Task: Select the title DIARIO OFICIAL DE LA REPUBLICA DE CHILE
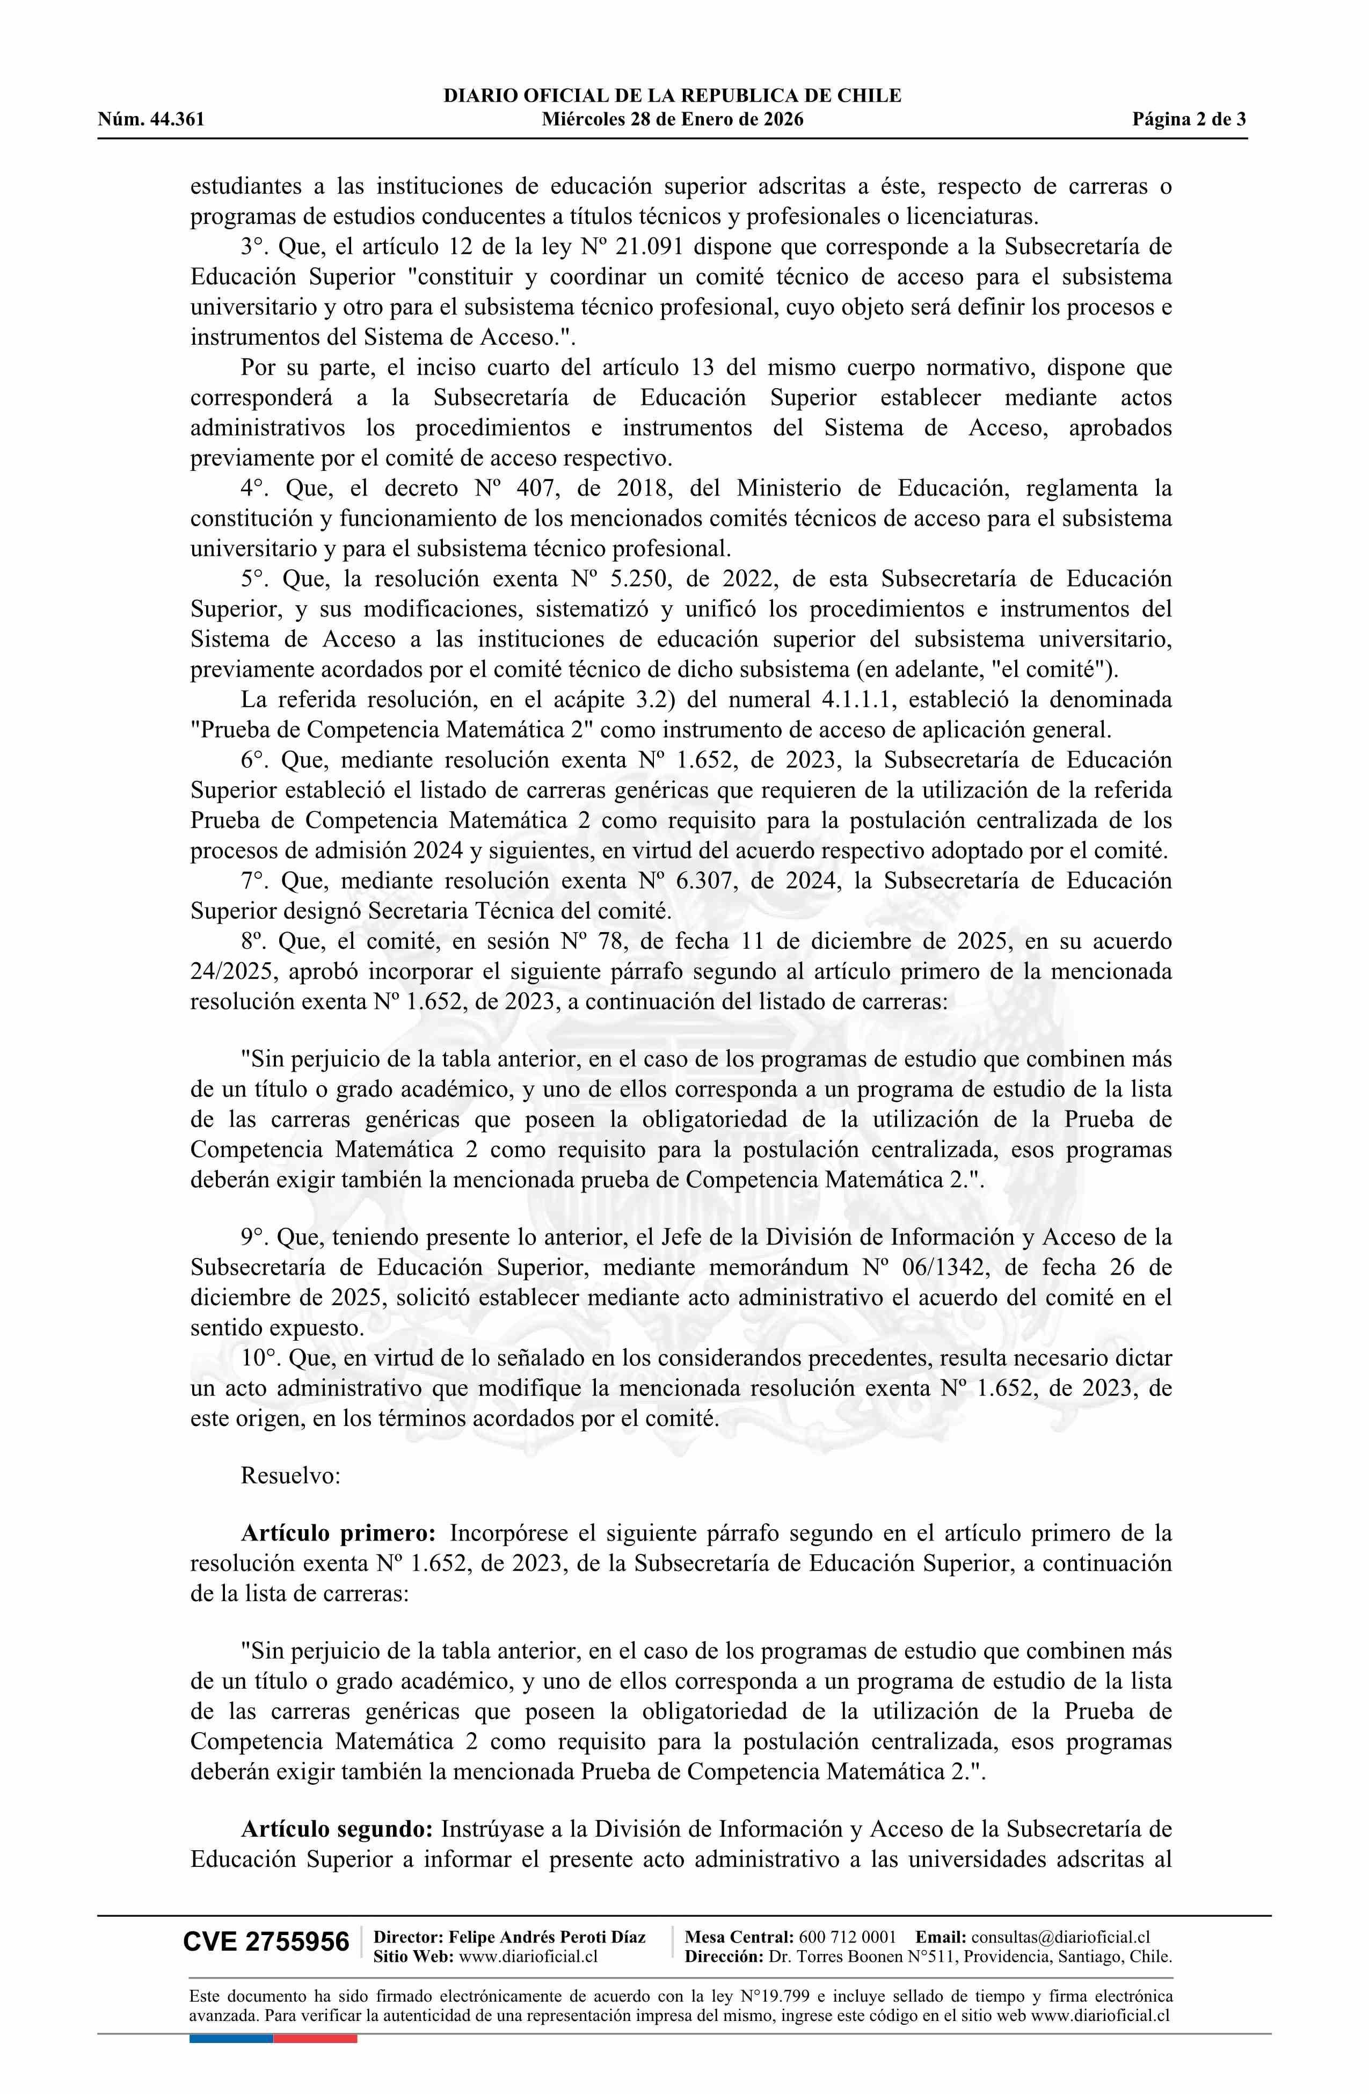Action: (x=672, y=96)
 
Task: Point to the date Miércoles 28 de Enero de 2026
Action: (x=672, y=120)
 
